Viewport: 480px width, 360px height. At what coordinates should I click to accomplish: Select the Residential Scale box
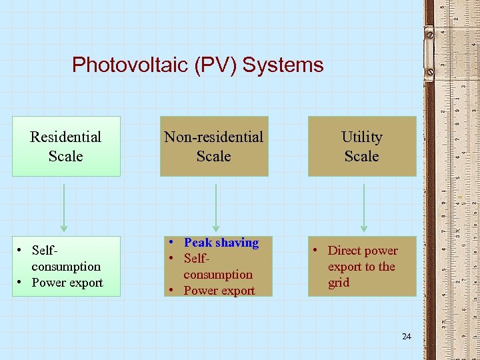coord(66,147)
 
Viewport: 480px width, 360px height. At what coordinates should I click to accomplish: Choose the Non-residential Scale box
coord(214,147)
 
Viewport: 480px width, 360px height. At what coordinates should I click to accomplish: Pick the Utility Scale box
coord(361,147)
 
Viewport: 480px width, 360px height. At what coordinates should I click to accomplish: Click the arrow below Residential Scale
coord(65,207)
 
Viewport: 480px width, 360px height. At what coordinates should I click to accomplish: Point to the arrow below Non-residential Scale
coord(215,207)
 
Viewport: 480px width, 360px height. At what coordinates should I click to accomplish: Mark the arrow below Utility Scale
coord(363,207)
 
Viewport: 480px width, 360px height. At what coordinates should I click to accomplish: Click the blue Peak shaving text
coord(221,243)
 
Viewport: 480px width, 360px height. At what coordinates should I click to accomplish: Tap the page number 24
coord(407,337)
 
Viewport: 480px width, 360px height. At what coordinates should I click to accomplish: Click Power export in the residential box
coord(67,283)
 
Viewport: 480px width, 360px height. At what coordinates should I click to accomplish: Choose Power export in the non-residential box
coord(219,291)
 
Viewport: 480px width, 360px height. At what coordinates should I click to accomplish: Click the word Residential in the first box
coord(66,137)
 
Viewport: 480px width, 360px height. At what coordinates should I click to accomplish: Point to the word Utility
coord(361,137)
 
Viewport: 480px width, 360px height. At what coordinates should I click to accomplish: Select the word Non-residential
coord(214,137)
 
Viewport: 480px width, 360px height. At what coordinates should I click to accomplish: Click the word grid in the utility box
coord(339,283)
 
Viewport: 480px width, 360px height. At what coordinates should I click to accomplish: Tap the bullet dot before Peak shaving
coord(172,242)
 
